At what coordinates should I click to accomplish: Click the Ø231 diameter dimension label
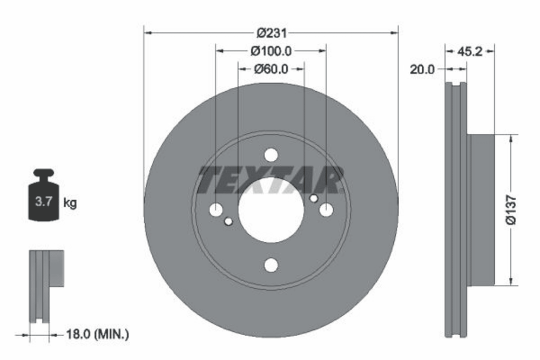[272, 33]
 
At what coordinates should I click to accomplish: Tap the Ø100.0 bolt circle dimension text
[271, 51]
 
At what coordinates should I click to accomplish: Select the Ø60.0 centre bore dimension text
[271, 69]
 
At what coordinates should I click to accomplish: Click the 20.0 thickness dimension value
[422, 70]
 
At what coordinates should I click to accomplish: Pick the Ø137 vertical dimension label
[511, 210]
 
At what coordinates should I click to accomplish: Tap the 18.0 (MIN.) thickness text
[97, 334]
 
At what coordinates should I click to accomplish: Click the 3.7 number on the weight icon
[43, 201]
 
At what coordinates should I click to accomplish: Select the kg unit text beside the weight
[70, 203]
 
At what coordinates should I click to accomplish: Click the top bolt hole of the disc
[271, 155]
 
